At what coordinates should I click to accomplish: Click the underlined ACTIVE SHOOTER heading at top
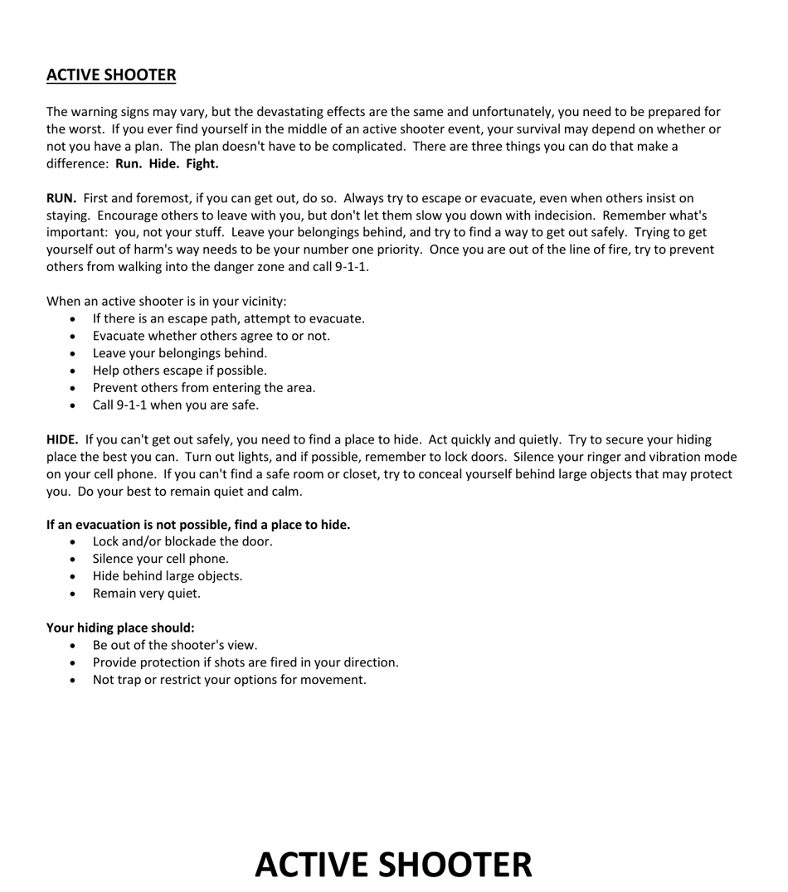111,75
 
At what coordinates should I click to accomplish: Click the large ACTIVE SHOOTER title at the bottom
393,865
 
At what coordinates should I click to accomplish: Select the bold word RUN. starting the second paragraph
61,198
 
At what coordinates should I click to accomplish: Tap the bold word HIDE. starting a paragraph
62,440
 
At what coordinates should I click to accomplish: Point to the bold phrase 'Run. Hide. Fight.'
167,163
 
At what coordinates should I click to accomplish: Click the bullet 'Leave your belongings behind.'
179,353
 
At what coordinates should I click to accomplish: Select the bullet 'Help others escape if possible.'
179,371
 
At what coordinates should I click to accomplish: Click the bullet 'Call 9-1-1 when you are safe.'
175,405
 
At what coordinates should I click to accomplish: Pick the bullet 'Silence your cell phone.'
160,559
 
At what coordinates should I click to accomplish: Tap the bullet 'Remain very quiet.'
146,594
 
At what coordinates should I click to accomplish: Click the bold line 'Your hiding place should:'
120,628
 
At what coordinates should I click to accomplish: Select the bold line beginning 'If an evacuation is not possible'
198,525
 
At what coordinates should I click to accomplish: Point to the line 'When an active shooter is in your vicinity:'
166,302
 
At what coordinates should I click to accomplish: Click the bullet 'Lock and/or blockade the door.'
182,541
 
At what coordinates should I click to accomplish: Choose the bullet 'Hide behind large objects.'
167,576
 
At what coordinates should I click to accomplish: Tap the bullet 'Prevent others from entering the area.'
203,388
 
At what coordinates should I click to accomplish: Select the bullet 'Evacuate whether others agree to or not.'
211,336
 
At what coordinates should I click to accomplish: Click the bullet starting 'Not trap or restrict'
229,680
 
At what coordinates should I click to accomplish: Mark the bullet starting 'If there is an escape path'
228,318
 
